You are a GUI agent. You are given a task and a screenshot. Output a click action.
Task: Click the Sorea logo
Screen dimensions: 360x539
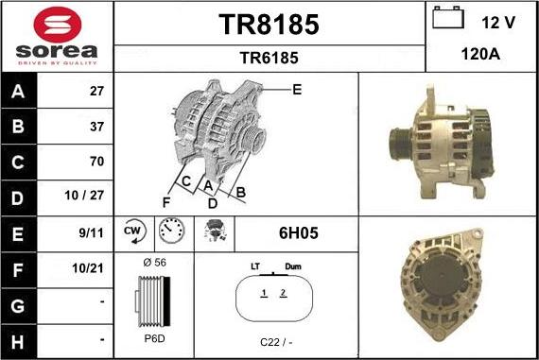click(x=57, y=35)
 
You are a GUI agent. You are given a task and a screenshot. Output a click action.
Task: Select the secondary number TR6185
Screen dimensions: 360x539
click(x=269, y=58)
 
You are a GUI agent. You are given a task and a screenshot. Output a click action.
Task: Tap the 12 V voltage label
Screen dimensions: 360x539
click(x=498, y=21)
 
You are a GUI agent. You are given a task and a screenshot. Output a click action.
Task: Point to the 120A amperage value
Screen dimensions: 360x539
click(x=481, y=55)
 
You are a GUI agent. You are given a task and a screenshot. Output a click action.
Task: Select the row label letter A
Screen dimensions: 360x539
click(x=19, y=92)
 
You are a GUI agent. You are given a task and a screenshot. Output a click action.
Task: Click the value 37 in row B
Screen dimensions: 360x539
click(x=96, y=127)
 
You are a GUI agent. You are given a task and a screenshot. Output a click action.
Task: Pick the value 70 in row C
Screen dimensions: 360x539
click(x=96, y=162)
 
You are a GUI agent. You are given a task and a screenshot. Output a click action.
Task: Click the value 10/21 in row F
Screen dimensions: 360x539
click(x=89, y=267)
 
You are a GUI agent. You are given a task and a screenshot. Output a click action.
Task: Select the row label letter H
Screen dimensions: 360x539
click(x=19, y=337)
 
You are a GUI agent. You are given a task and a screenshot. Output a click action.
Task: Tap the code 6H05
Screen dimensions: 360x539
click(x=293, y=231)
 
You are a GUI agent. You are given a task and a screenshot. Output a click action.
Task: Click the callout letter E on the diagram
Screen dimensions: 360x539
click(x=296, y=90)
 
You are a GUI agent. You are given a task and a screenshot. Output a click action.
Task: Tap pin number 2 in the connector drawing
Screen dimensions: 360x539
click(x=282, y=294)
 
